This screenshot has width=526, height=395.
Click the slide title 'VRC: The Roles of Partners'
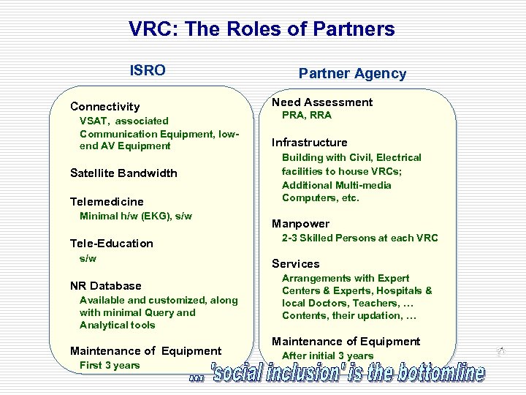point(262,29)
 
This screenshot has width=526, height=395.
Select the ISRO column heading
point(148,70)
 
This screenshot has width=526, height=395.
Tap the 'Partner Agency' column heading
point(352,73)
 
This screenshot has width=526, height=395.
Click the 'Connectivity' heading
point(104,107)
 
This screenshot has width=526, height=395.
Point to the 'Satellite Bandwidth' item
point(123,173)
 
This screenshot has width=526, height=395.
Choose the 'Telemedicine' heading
point(107,201)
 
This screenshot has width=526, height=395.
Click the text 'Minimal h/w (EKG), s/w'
point(135,216)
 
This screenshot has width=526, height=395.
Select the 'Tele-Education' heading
point(112,244)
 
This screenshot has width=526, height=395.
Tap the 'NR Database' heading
point(106,286)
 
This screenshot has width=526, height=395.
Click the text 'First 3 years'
point(110,366)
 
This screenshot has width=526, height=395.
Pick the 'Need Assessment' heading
point(322,102)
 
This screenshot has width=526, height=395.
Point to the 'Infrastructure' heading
point(310,143)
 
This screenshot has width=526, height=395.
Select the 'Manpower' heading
point(301,224)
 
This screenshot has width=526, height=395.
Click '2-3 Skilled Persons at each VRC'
point(360,238)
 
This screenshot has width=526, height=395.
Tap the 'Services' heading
point(296,264)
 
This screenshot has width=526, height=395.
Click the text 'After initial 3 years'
point(328,356)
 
